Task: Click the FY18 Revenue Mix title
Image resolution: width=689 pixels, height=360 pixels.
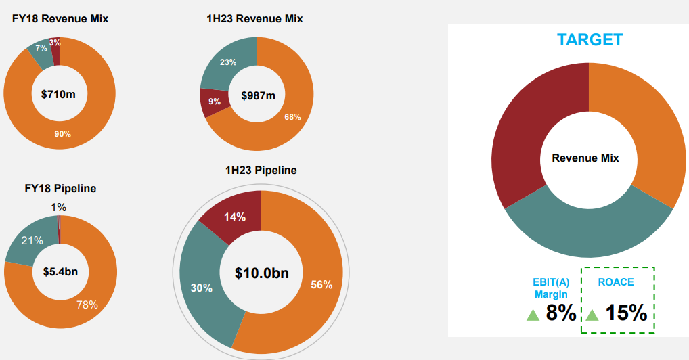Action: pyautogui.click(x=60, y=19)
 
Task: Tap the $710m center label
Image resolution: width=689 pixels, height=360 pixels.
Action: pyautogui.click(x=58, y=94)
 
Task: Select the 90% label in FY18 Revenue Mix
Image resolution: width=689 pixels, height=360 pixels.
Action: pyautogui.click(x=63, y=134)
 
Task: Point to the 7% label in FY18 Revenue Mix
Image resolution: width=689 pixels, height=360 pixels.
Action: pyautogui.click(x=41, y=48)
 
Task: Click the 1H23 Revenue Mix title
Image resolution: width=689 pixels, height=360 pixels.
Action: pyautogui.click(x=254, y=19)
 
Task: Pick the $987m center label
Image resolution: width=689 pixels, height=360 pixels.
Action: pyautogui.click(x=259, y=95)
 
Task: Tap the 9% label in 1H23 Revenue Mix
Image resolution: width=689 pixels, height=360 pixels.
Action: pyautogui.click(x=214, y=102)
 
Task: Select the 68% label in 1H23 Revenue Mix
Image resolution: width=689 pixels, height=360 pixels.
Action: pyautogui.click(x=292, y=117)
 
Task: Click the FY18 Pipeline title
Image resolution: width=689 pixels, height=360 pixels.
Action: pyautogui.click(x=60, y=188)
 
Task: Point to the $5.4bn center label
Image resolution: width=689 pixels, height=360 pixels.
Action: pyautogui.click(x=60, y=272)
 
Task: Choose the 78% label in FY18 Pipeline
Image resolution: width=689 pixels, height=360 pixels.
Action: pyautogui.click(x=87, y=305)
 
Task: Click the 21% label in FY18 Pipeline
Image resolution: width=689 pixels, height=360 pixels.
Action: pyautogui.click(x=32, y=240)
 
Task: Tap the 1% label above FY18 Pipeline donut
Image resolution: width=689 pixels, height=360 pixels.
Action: pyautogui.click(x=58, y=207)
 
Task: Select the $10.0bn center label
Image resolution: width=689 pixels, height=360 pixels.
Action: pyautogui.click(x=262, y=273)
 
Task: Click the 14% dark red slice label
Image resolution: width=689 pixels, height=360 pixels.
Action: pyautogui.click(x=234, y=217)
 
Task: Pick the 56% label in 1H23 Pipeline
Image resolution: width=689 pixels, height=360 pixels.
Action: pyautogui.click(x=321, y=285)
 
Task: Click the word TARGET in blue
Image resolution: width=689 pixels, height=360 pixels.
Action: pyautogui.click(x=590, y=39)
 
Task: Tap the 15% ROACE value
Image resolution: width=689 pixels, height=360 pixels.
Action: pyautogui.click(x=625, y=313)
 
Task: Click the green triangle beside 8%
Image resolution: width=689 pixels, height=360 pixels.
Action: pyautogui.click(x=533, y=315)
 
